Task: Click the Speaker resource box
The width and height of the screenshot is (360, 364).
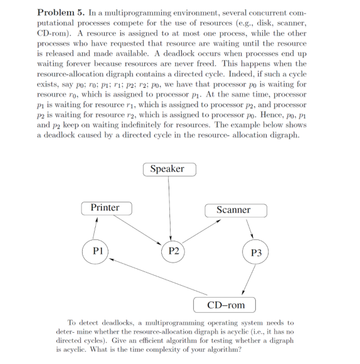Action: pyautogui.click(x=167, y=169)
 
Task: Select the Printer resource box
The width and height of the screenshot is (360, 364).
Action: pyautogui.click(x=105, y=208)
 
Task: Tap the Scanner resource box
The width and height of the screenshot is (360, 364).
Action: pyautogui.click(x=233, y=210)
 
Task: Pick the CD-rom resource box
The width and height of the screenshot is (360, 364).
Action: pyautogui.click(x=225, y=305)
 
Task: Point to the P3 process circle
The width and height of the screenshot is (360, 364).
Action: pyautogui.click(x=256, y=252)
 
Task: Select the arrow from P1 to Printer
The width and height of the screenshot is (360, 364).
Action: pyautogui.click(x=96, y=227)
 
